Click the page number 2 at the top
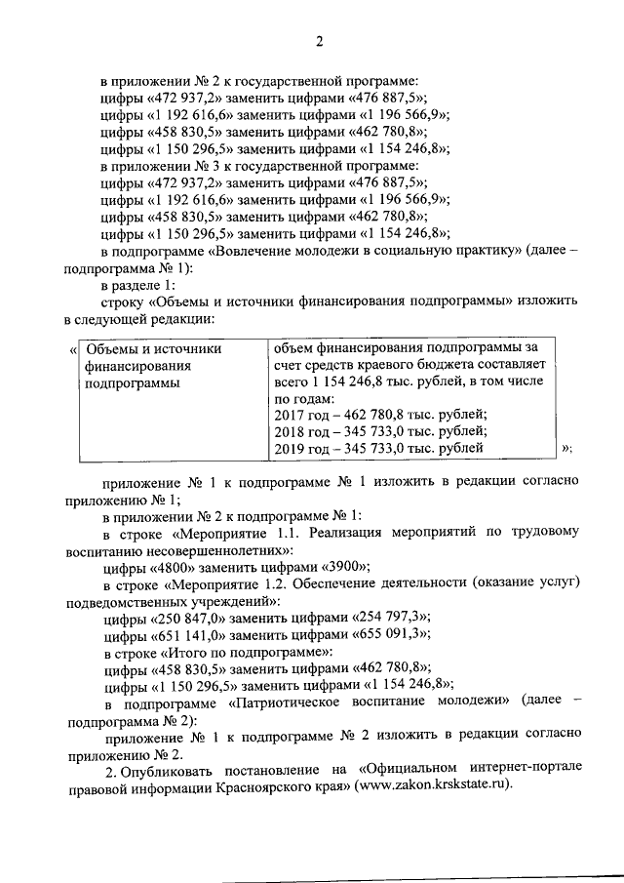click(318, 40)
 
